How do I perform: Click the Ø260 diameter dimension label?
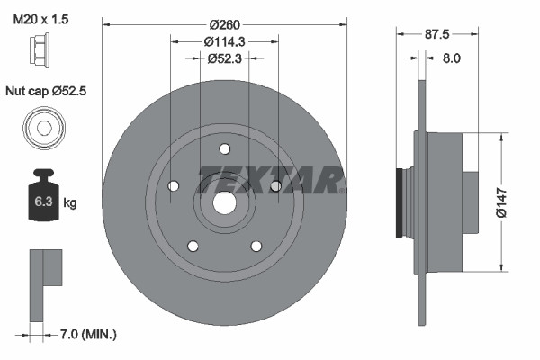[224, 24]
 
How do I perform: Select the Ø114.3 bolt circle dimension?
[224, 41]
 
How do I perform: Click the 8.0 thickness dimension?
[451, 58]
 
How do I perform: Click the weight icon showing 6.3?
[43, 199]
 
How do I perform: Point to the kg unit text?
[70, 203]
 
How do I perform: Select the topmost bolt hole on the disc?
[224, 149]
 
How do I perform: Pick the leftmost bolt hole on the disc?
[173, 186]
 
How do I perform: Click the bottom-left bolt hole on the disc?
[193, 245]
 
